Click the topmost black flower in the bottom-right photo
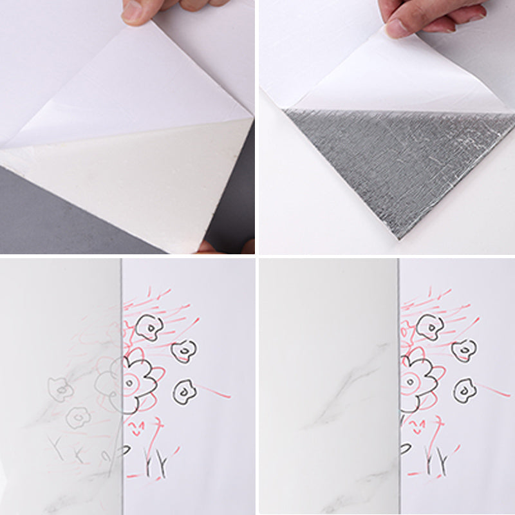point(429,327)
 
